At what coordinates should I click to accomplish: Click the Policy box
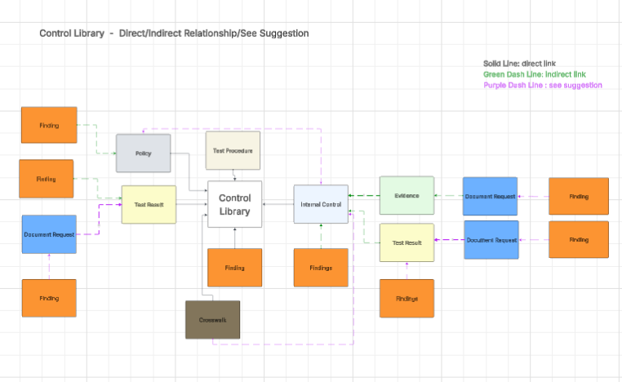tap(144, 153)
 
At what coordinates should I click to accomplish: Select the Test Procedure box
tap(233, 151)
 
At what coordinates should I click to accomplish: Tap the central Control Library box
tap(234, 204)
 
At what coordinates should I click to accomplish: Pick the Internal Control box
tap(321, 204)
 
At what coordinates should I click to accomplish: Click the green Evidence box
tap(407, 196)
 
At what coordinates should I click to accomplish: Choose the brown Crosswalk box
tap(212, 320)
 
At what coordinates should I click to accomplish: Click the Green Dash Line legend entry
tap(523, 74)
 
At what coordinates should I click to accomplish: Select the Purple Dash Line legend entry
tap(542, 85)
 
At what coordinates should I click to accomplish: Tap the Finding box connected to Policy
tap(49, 125)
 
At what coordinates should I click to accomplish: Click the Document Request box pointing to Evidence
tap(490, 197)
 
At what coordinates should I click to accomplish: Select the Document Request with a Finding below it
tap(49, 234)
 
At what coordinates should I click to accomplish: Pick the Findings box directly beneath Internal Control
tap(321, 268)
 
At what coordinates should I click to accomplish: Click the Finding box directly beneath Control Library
tap(234, 268)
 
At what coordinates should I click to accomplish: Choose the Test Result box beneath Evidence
tap(407, 242)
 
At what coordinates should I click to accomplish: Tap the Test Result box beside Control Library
tap(149, 205)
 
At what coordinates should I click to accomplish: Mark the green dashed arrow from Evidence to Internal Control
tap(364, 196)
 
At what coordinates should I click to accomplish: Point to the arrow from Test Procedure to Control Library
tap(235, 175)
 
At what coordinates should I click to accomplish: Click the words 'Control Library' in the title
tap(72, 33)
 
